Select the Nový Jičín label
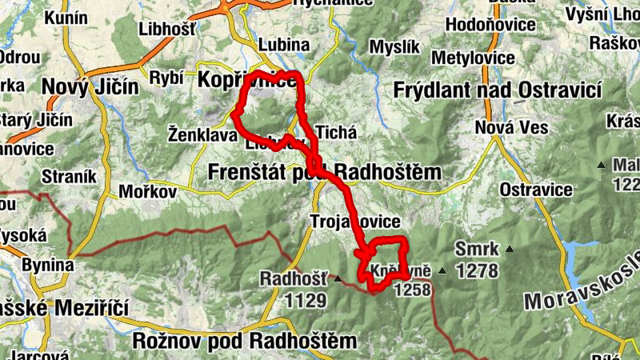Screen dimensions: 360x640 (x=90, y=86)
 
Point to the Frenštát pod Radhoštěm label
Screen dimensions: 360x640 (x=324, y=172)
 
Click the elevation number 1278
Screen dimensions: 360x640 (x=477, y=271)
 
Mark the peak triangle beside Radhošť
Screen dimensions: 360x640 (x=338, y=279)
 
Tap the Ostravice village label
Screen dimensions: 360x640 (x=536, y=190)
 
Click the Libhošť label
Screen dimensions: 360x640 (x=167, y=29)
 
